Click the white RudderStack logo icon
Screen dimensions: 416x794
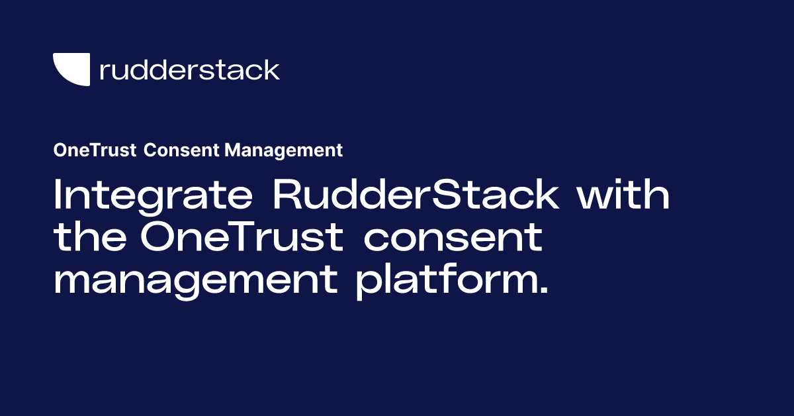pyautogui.click(x=71, y=70)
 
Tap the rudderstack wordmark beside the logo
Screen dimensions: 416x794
pyautogui.click(x=189, y=70)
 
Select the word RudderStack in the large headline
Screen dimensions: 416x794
pyautogui.click(x=416, y=195)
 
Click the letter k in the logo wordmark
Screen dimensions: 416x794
pyautogui.click(x=271, y=69)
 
